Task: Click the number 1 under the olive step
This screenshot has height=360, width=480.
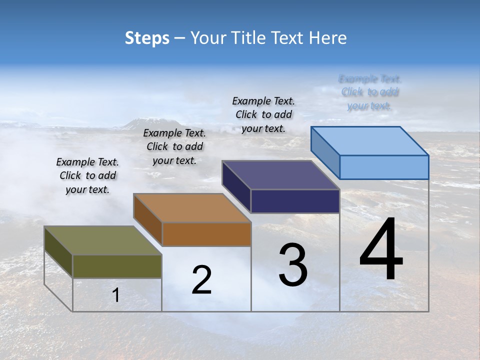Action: [116, 295]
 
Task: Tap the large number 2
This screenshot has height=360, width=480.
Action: [201, 280]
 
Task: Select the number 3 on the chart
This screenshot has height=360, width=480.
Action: [293, 265]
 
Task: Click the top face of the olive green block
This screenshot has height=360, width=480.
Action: [102, 240]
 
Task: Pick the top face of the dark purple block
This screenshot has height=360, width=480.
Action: [281, 175]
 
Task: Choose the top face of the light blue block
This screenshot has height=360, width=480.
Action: [370, 141]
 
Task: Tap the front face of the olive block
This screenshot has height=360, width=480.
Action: [117, 266]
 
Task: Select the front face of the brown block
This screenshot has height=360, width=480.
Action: [206, 234]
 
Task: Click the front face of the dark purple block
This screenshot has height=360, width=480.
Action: [295, 201]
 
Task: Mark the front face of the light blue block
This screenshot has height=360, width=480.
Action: [384, 167]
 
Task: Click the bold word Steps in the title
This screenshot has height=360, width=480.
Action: [147, 38]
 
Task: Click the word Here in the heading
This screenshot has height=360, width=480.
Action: [328, 38]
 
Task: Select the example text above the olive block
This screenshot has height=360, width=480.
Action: [87, 175]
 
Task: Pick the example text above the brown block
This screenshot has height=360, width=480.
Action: [174, 146]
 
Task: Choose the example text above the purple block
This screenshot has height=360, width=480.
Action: [263, 114]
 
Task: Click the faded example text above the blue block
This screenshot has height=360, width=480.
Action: [369, 92]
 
